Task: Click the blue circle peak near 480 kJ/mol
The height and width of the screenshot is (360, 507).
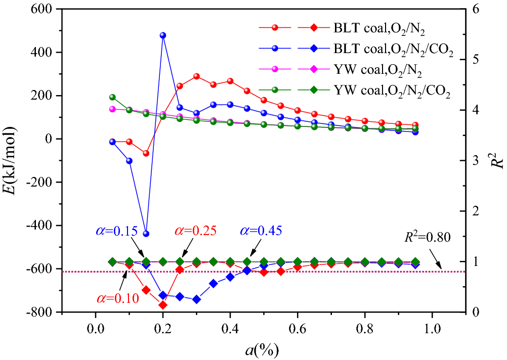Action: [x=163, y=35]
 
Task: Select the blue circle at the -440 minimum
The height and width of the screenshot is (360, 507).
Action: [x=146, y=234]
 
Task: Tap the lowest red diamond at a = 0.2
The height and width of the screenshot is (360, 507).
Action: [x=163, y=305]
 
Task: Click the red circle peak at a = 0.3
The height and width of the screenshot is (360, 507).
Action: [x=196, y=76]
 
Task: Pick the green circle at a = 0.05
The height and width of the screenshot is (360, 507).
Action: [x=112, y=97]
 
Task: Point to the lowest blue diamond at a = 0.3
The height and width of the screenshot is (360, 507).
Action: [x=196, y=299]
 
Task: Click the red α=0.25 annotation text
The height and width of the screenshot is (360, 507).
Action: [x=195, y=232]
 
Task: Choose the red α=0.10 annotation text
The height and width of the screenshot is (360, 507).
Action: [x=116, y=298]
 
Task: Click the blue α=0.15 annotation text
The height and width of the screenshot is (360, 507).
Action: [x=116, y=232]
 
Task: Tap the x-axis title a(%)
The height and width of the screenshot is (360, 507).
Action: [x=264, y=349]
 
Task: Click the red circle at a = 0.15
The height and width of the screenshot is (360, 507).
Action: [x=146, y=153]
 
